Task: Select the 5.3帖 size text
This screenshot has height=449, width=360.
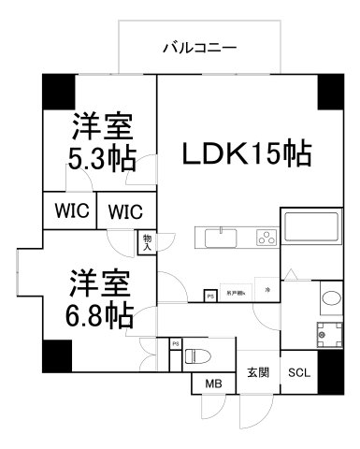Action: (x=97, y=157)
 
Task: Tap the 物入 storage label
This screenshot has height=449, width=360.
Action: (x=147, y=243)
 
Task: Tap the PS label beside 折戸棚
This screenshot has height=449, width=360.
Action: (x=210, y=297)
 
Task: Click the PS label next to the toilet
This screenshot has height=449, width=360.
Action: (x=175, y=345)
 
